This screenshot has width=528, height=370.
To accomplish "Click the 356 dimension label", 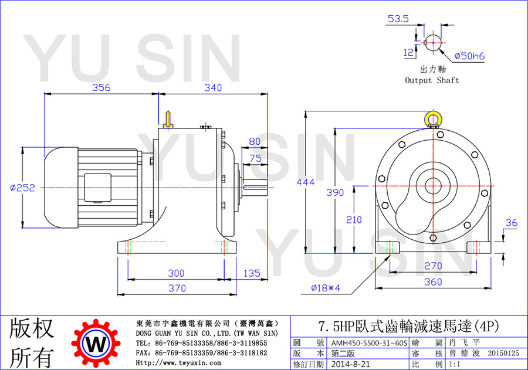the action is [x=101, y=87].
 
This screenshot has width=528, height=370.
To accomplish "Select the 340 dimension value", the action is [x=213, y=87].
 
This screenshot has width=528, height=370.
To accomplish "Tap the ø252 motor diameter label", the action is [x=22, y=188].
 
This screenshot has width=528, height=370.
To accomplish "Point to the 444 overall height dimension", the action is [x=306, y=182].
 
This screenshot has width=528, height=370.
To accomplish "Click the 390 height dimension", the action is [x=335, y=192].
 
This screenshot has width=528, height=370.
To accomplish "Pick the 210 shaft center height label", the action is [x=354, y=220].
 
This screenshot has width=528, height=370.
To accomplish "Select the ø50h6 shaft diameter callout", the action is [x=469, y=56].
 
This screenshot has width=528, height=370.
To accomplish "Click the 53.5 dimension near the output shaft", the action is [x=398, y=19].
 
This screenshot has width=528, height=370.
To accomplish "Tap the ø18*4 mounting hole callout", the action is [x=325, y=288].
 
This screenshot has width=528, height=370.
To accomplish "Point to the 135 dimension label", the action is [x=252, y=273].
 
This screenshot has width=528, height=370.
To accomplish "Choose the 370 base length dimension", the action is [x=177, y=288].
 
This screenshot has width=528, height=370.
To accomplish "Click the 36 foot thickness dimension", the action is [x=512, y=223].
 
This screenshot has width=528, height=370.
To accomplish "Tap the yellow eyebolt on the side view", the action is [x=168, y=120].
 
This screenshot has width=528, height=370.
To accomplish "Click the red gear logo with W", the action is [x=96, y=343].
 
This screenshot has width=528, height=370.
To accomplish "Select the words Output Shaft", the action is [x=432, y=80].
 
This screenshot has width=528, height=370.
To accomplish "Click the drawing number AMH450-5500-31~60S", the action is [x=369, y=343].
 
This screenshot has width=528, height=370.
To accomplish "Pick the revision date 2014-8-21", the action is [x=350, y=364].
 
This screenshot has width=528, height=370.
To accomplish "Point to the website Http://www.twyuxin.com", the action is [x=178, y=363].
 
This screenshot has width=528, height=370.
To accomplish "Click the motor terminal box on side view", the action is [x=97, y=188].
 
